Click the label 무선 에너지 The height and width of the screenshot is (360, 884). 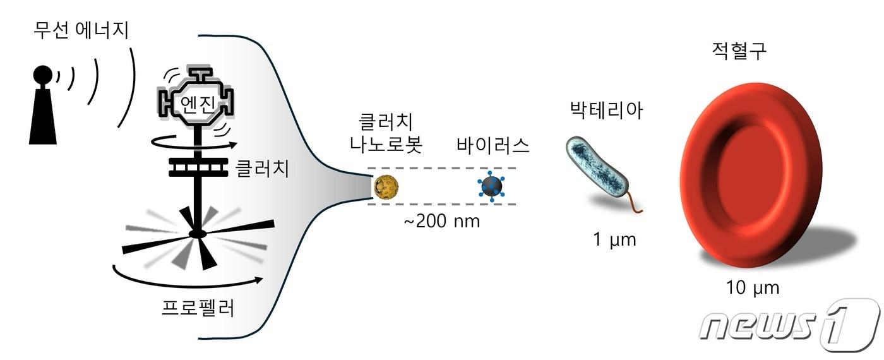[81, 30]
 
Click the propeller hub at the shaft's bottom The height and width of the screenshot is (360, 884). [198, 234]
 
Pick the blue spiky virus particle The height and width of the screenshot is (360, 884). [492, 186]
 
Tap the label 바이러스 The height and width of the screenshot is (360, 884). [493, 145]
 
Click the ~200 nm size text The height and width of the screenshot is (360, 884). [442, 221]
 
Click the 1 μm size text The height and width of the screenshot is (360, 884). [614, 240]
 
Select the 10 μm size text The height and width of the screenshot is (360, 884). [752, 288]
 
